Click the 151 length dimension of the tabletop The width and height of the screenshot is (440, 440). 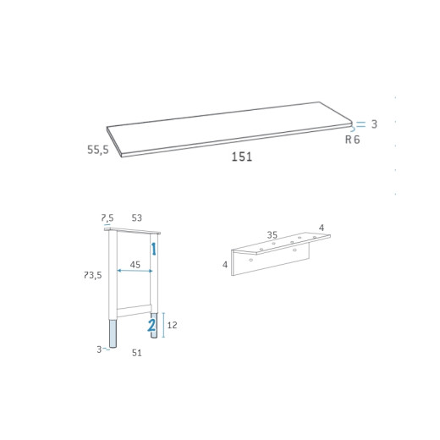[242, 157]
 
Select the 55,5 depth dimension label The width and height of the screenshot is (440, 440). [98, 150]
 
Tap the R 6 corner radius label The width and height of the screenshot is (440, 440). [353, 140]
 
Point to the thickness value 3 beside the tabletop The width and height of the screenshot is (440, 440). [374, 124]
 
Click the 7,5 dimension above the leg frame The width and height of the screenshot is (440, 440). [107, 217]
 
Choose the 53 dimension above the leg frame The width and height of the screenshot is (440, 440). [137, 217]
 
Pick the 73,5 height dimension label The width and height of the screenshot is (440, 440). [93, 275]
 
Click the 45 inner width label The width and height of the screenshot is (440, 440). [135, 265]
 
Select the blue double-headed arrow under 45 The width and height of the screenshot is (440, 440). [135, 271]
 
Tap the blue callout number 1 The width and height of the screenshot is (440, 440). [154, 249]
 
